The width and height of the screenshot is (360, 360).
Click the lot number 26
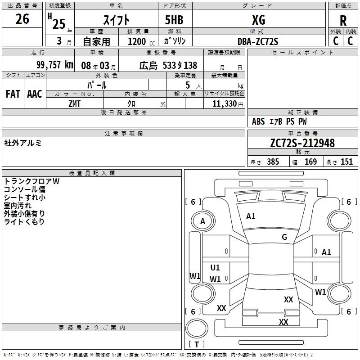point(22,19)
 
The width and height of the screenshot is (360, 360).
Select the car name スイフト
point(116,20)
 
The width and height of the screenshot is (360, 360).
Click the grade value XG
point(258,20)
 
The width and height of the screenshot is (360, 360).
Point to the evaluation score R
point(343,21)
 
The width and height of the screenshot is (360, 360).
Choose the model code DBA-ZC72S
point(258,41)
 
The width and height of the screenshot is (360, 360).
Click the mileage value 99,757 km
point(54,65)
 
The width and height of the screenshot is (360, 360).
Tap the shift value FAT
point(13,94)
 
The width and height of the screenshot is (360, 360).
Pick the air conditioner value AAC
point(34,94)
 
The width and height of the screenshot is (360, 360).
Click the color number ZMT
point(75,103)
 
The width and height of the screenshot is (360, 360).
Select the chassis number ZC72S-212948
point(302,143)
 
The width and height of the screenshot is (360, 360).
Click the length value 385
point(273,162)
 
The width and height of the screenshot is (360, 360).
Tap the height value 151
point(346,162)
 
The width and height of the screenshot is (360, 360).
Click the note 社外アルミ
point(23,143)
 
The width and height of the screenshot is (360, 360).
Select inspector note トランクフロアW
point(32,181)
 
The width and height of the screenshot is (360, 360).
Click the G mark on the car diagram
point(284,237)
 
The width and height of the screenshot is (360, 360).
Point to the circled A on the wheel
point(203,221)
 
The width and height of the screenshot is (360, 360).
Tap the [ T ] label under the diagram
point(197,344)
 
